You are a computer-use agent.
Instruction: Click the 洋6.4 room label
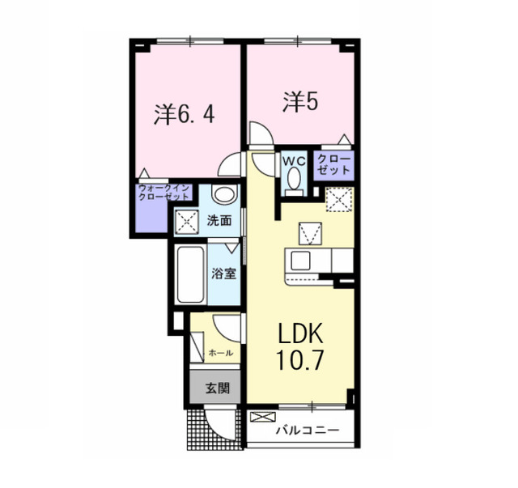(184, 115)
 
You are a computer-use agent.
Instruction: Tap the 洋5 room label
(300, 102)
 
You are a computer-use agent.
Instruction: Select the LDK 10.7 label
(300, 347)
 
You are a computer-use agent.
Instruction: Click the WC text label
(294, 161)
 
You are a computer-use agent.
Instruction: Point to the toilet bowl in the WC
(293, 178)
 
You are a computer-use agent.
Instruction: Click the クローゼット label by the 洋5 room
(333, 164)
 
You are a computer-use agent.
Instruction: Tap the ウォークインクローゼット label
(163, 193)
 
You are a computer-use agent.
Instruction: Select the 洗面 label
(219, 221)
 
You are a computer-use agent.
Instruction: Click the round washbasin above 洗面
(225, 194)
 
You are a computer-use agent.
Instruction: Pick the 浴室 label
(223, 274)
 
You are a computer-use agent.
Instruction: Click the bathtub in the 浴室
(190, 274)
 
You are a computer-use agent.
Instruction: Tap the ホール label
(221, 353)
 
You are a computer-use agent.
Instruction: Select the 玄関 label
(218, 388)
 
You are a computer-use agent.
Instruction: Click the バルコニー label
(308, 431)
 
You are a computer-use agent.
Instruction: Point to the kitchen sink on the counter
(300, 261)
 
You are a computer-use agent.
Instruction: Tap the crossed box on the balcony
(262, 417)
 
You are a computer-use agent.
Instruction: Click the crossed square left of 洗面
(187, 222)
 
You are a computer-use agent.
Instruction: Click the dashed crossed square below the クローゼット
(338, 199)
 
